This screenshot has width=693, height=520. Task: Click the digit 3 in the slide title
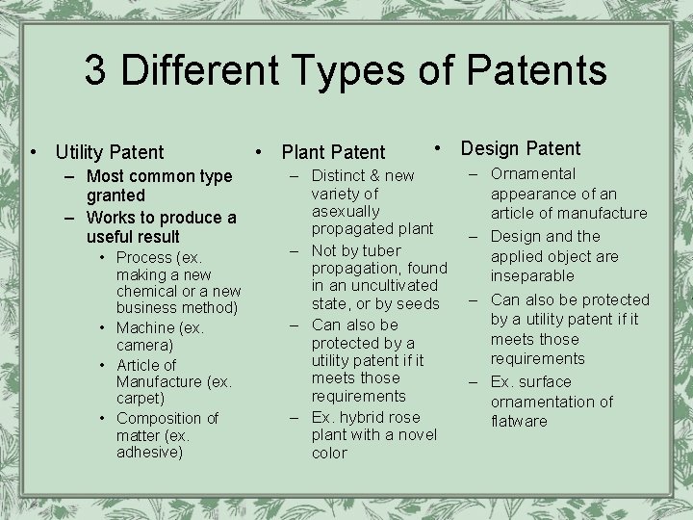click(95, 70)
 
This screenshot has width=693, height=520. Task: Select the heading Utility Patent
click(110, 152)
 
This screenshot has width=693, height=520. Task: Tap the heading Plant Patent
click(333, 152)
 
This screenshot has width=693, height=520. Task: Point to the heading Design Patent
click(521, 148)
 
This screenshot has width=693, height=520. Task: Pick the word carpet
click(140, 398)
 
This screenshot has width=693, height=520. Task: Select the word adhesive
click(148, 452)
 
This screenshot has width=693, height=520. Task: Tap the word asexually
click(346, 211)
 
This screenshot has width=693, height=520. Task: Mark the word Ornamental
click(533, 174)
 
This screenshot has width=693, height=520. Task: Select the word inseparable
click(532, 276)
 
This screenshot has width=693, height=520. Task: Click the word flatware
click(519, 421)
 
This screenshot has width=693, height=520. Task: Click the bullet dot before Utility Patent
click(36, 152)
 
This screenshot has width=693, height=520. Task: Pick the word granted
click(115, 195)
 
